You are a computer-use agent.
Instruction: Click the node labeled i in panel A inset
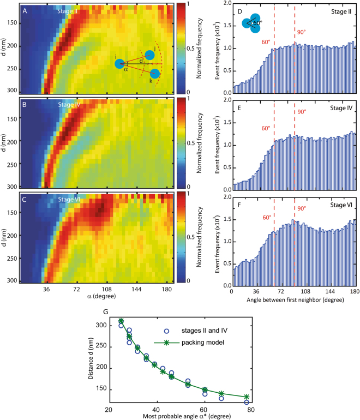click(x=120, y=64)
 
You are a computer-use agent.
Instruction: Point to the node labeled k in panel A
click(x=155, y=73)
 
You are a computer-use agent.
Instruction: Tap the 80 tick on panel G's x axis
click(x=250, y=409)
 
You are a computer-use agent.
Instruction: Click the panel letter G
click(x=98, y=313)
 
